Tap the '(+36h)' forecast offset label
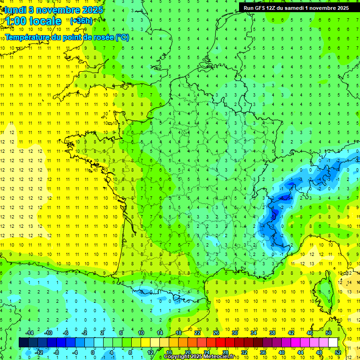[81, 21]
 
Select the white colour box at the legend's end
[333, 343]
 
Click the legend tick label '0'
[93, 352]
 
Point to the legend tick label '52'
[338, 352]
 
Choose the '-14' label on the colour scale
[30, 332]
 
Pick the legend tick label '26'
[216, 332]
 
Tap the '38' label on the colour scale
[272, 332]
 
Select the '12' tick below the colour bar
[150, 352]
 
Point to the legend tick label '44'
[300, 352]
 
